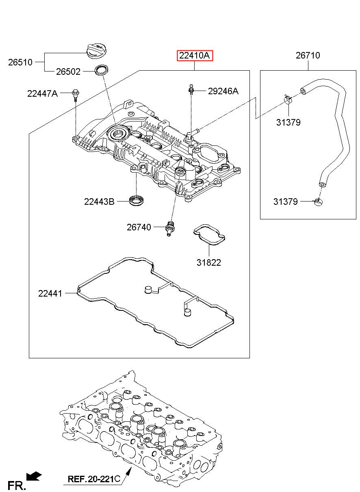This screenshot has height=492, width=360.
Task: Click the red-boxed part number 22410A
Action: tap(195, 55)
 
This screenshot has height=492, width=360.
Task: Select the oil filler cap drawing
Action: tap(98, 52)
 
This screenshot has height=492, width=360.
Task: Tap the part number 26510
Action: tap(20, 63)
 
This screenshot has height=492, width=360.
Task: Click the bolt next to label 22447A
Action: tap(76, 95)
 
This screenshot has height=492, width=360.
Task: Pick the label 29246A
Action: tap(223, 91)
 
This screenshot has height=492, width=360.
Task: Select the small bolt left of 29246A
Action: tap(191, 89)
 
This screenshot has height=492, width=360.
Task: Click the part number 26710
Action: tap(308, 55)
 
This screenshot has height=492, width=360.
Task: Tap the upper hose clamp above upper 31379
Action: tap(288, 99)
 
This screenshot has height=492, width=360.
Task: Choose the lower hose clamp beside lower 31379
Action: tap(318, 202)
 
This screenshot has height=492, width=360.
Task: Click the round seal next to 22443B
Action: tap(137, 201)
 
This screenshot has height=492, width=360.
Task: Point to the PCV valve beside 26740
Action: tap(170, 228)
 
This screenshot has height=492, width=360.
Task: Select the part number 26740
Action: tap(139, 227)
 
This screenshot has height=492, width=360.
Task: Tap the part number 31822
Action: tap(209, 262)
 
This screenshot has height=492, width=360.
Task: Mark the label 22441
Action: tap(50, 293)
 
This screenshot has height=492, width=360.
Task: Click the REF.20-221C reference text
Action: tap(94, 479)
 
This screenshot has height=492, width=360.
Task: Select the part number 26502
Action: tap(68, 72)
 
